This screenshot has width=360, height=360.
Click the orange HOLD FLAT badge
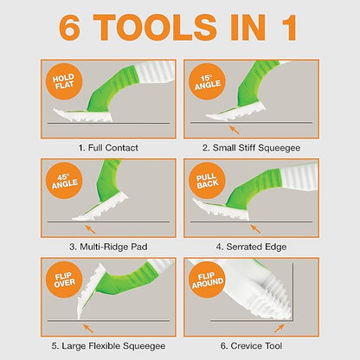(64, 81)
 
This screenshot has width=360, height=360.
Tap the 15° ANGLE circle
(207, 81)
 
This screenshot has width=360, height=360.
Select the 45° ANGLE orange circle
(64, 181)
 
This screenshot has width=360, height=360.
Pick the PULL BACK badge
(207, 181)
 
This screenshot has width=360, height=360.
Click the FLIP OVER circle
(64, 280)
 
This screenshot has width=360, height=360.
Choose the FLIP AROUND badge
(207, 280)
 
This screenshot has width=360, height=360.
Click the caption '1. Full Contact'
(108, 148)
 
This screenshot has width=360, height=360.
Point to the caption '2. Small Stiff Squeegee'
(251, 148)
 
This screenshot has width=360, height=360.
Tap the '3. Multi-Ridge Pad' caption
(108, 247)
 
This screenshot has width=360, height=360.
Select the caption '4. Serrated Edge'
(251, 247)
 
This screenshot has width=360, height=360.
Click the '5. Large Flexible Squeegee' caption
(108, 346)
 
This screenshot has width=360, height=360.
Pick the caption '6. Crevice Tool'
(251, 346)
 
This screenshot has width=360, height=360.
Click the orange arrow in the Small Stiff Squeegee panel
(235, 130)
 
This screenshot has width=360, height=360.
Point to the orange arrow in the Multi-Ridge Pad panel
(91, 229)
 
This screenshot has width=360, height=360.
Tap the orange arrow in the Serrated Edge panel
(255, 229)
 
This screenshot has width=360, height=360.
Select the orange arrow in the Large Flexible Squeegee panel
(88, 328)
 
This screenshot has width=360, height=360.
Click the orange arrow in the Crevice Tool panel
(280, 328)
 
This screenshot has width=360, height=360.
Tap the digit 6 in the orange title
(69, 27)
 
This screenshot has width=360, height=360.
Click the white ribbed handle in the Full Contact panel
(156, 71)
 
